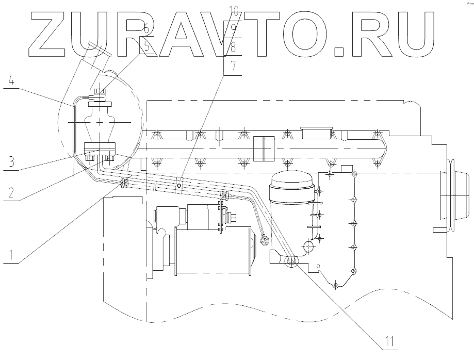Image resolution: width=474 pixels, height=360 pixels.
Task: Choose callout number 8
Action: (233, 48)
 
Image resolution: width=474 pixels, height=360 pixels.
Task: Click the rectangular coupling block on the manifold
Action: (263, 147)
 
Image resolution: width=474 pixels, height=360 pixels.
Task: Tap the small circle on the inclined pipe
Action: (178, 185)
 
